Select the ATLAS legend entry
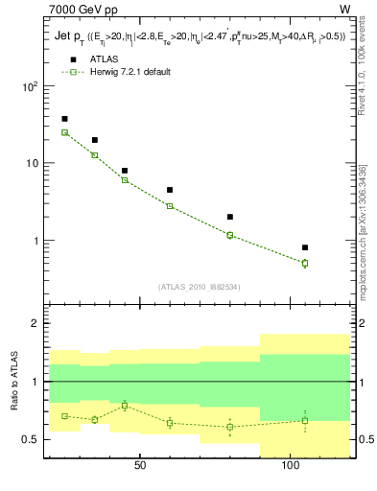93,58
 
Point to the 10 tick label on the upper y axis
32,163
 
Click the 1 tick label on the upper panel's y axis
35,241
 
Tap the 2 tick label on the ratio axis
35,324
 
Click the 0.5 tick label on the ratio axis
32,439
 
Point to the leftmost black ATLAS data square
64,119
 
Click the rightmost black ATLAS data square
305,247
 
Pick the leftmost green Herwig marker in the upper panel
64,132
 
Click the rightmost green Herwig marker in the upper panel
305,263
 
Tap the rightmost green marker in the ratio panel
305,420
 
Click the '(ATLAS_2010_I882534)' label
199,286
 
